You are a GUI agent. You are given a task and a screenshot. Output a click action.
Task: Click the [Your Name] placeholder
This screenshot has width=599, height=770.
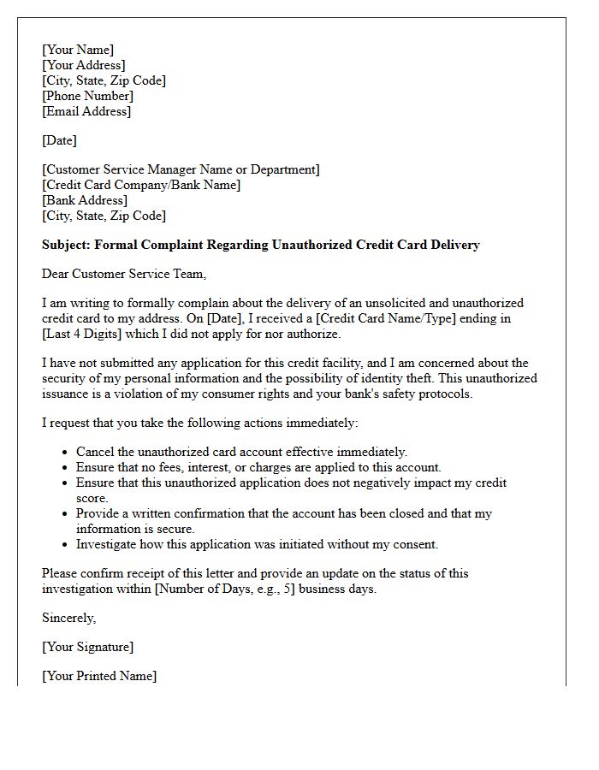78,50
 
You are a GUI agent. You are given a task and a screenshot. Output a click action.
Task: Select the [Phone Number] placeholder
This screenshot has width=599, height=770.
87,96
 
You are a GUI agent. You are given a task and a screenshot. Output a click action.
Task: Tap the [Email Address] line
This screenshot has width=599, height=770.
86,111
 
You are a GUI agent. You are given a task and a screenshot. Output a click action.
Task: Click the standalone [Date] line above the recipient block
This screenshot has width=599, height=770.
59,140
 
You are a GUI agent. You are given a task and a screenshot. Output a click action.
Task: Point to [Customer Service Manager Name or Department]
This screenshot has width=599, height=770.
181,169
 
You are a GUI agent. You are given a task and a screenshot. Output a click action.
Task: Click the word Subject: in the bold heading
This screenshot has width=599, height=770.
66,245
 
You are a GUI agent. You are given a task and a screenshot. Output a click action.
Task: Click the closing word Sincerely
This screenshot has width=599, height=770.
69,618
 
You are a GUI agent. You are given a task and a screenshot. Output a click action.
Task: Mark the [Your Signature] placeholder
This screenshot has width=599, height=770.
88,647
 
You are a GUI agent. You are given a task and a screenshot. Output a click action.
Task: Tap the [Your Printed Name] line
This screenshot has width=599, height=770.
99,676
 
